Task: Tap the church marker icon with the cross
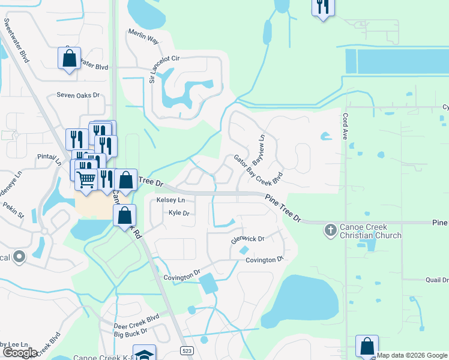coord(330,229)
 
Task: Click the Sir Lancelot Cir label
coord(152,70)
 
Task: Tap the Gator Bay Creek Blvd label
coord(258,170)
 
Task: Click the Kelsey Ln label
coord(170,200)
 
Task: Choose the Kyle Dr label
coord(179,213)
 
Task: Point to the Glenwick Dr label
coord(248,239)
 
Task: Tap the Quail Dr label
coord(436,280)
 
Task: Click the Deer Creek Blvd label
coord(136,316)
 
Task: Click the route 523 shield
coord(187,350)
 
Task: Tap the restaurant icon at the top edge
coord(323,7)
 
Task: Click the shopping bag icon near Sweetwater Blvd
coord(69,59)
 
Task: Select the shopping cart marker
coord(86,179)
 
